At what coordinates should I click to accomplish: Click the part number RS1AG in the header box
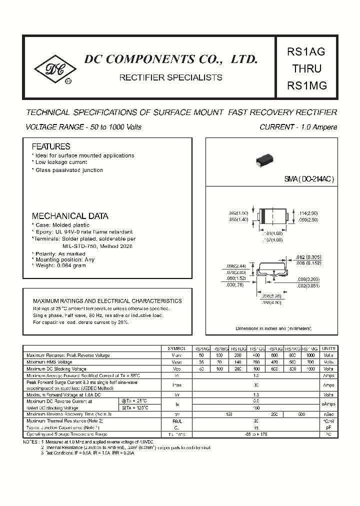pos(307,51)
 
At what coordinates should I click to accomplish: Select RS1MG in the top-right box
pos(307,85)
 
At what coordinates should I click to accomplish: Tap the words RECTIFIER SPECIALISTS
pos(170,77)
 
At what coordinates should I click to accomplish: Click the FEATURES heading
pos(51,146)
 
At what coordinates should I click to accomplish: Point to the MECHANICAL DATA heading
pos(70,216)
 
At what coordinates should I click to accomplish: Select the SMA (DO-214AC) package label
pos(309,179)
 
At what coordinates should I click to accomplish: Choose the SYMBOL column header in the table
pos(176,348)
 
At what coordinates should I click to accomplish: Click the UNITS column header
pos(328,348)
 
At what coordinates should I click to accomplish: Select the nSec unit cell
pos(328,414)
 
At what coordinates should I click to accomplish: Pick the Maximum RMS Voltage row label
pos(49,361)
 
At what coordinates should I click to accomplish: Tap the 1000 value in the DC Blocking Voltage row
pos(310,368)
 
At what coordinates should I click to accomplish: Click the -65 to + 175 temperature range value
pos(255,434)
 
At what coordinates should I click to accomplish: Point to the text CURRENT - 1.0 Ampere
pos(298,127)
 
